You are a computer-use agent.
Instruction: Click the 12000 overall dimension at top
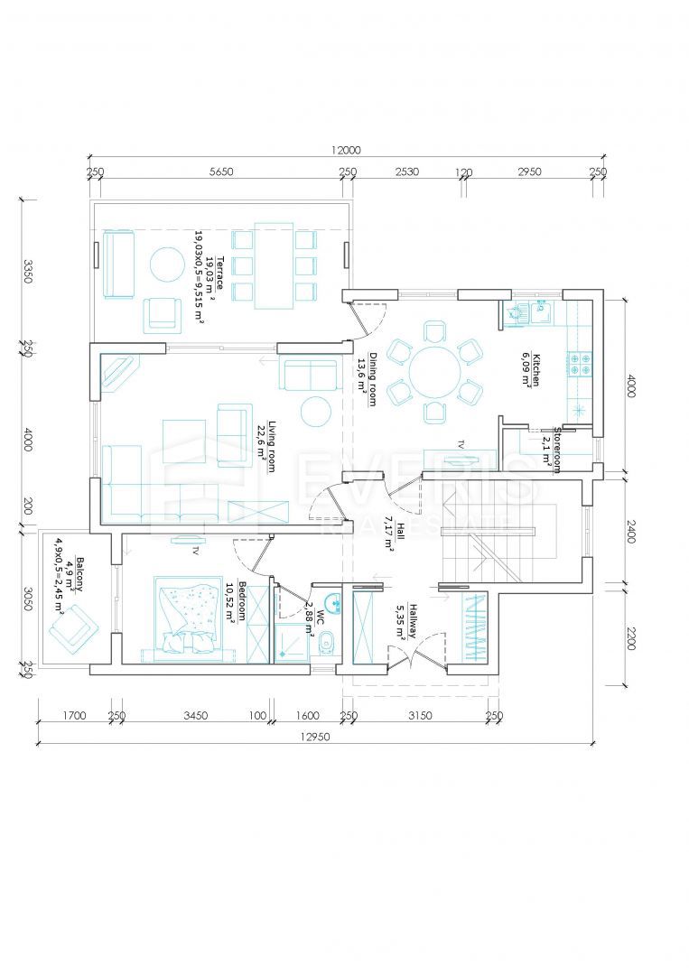(345, 151)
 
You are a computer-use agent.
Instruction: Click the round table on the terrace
(168, 265)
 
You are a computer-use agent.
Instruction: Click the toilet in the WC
(329, 643)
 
